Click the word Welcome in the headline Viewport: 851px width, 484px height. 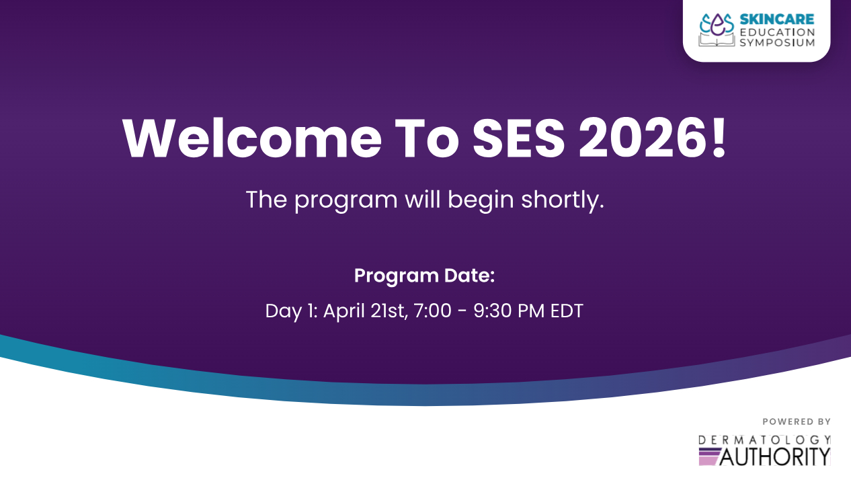(252, 138)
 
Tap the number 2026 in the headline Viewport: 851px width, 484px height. (643, 138)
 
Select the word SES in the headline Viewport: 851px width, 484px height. (518, 138)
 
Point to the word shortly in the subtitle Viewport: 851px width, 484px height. (562, 200)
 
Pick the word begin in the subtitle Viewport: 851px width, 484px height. (481, 200)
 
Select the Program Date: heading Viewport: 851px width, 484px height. (424, 276)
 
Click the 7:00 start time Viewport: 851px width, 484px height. (433, 311)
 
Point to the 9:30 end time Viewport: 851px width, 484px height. (491, 311)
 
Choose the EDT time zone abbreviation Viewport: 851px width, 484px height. (567, 311)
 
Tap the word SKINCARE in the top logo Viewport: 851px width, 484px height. (777, 19)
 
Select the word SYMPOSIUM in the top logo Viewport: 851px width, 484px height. (777, 42)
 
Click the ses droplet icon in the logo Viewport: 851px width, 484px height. (717, 25)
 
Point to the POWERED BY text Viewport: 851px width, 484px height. (797, 421)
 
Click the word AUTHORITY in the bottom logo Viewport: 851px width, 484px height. (775, 456)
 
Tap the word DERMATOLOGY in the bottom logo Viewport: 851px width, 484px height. (765, 440)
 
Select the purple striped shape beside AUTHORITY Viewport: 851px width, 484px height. (710, 456)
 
